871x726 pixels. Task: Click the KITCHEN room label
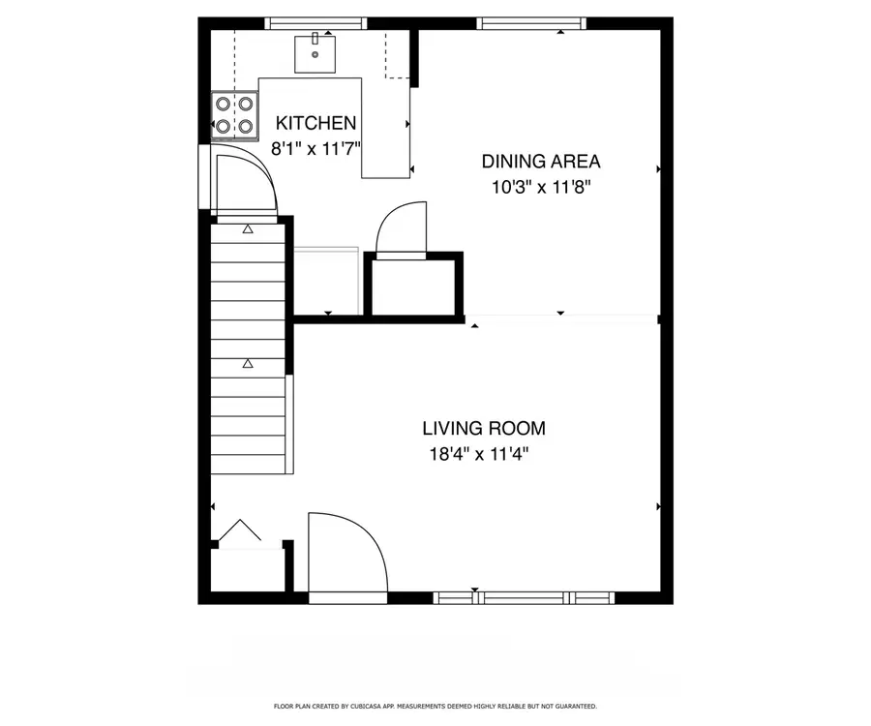[315, 123]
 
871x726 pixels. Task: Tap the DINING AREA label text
[541, 162]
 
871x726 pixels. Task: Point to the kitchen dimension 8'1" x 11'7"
[315, 149]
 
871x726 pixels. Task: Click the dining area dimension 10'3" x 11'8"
[541, 187]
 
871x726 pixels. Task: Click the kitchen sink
[315, 52]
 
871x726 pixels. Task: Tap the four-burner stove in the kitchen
[235, 112]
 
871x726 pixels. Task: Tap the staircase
[249, 348]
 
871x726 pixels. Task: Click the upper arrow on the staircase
[248, 229]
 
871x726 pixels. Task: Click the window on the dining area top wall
[532, 23]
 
